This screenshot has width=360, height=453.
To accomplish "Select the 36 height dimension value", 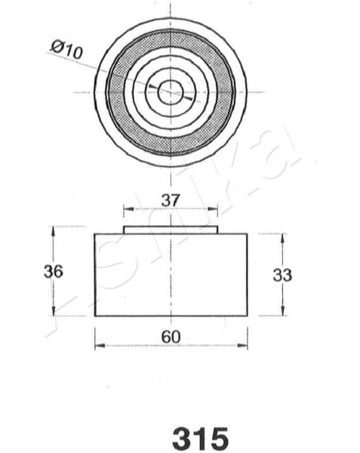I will (53, 272).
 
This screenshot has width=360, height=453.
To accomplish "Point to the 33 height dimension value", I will (282, 275).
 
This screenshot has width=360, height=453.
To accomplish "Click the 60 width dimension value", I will (171, 335).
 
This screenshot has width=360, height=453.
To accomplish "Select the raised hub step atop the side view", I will (171, 229).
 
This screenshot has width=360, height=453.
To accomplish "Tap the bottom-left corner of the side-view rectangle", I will (94, 316).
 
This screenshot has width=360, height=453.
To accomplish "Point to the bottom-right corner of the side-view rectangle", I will (248, 316).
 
